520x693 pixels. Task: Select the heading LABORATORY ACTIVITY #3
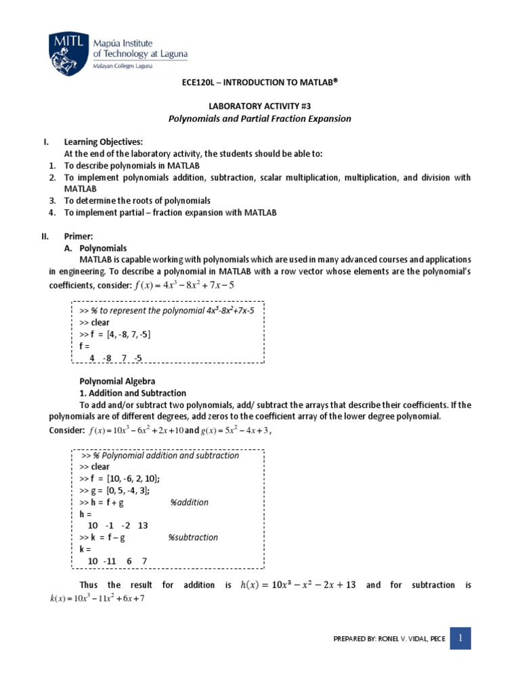tap(259, 106)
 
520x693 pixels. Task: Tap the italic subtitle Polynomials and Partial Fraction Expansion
tap(259, 118)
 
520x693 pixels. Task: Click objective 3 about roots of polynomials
tap(137, 201)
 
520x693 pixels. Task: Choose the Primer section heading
tap(80, 237)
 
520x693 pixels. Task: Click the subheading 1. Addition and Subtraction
tap(129, 393)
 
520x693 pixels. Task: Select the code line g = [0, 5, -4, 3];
tap(114, 491)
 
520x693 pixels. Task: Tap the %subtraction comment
tap(193, 537)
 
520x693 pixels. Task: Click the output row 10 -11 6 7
tap(117, 561)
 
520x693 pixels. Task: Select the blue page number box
tap(460, 638)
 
